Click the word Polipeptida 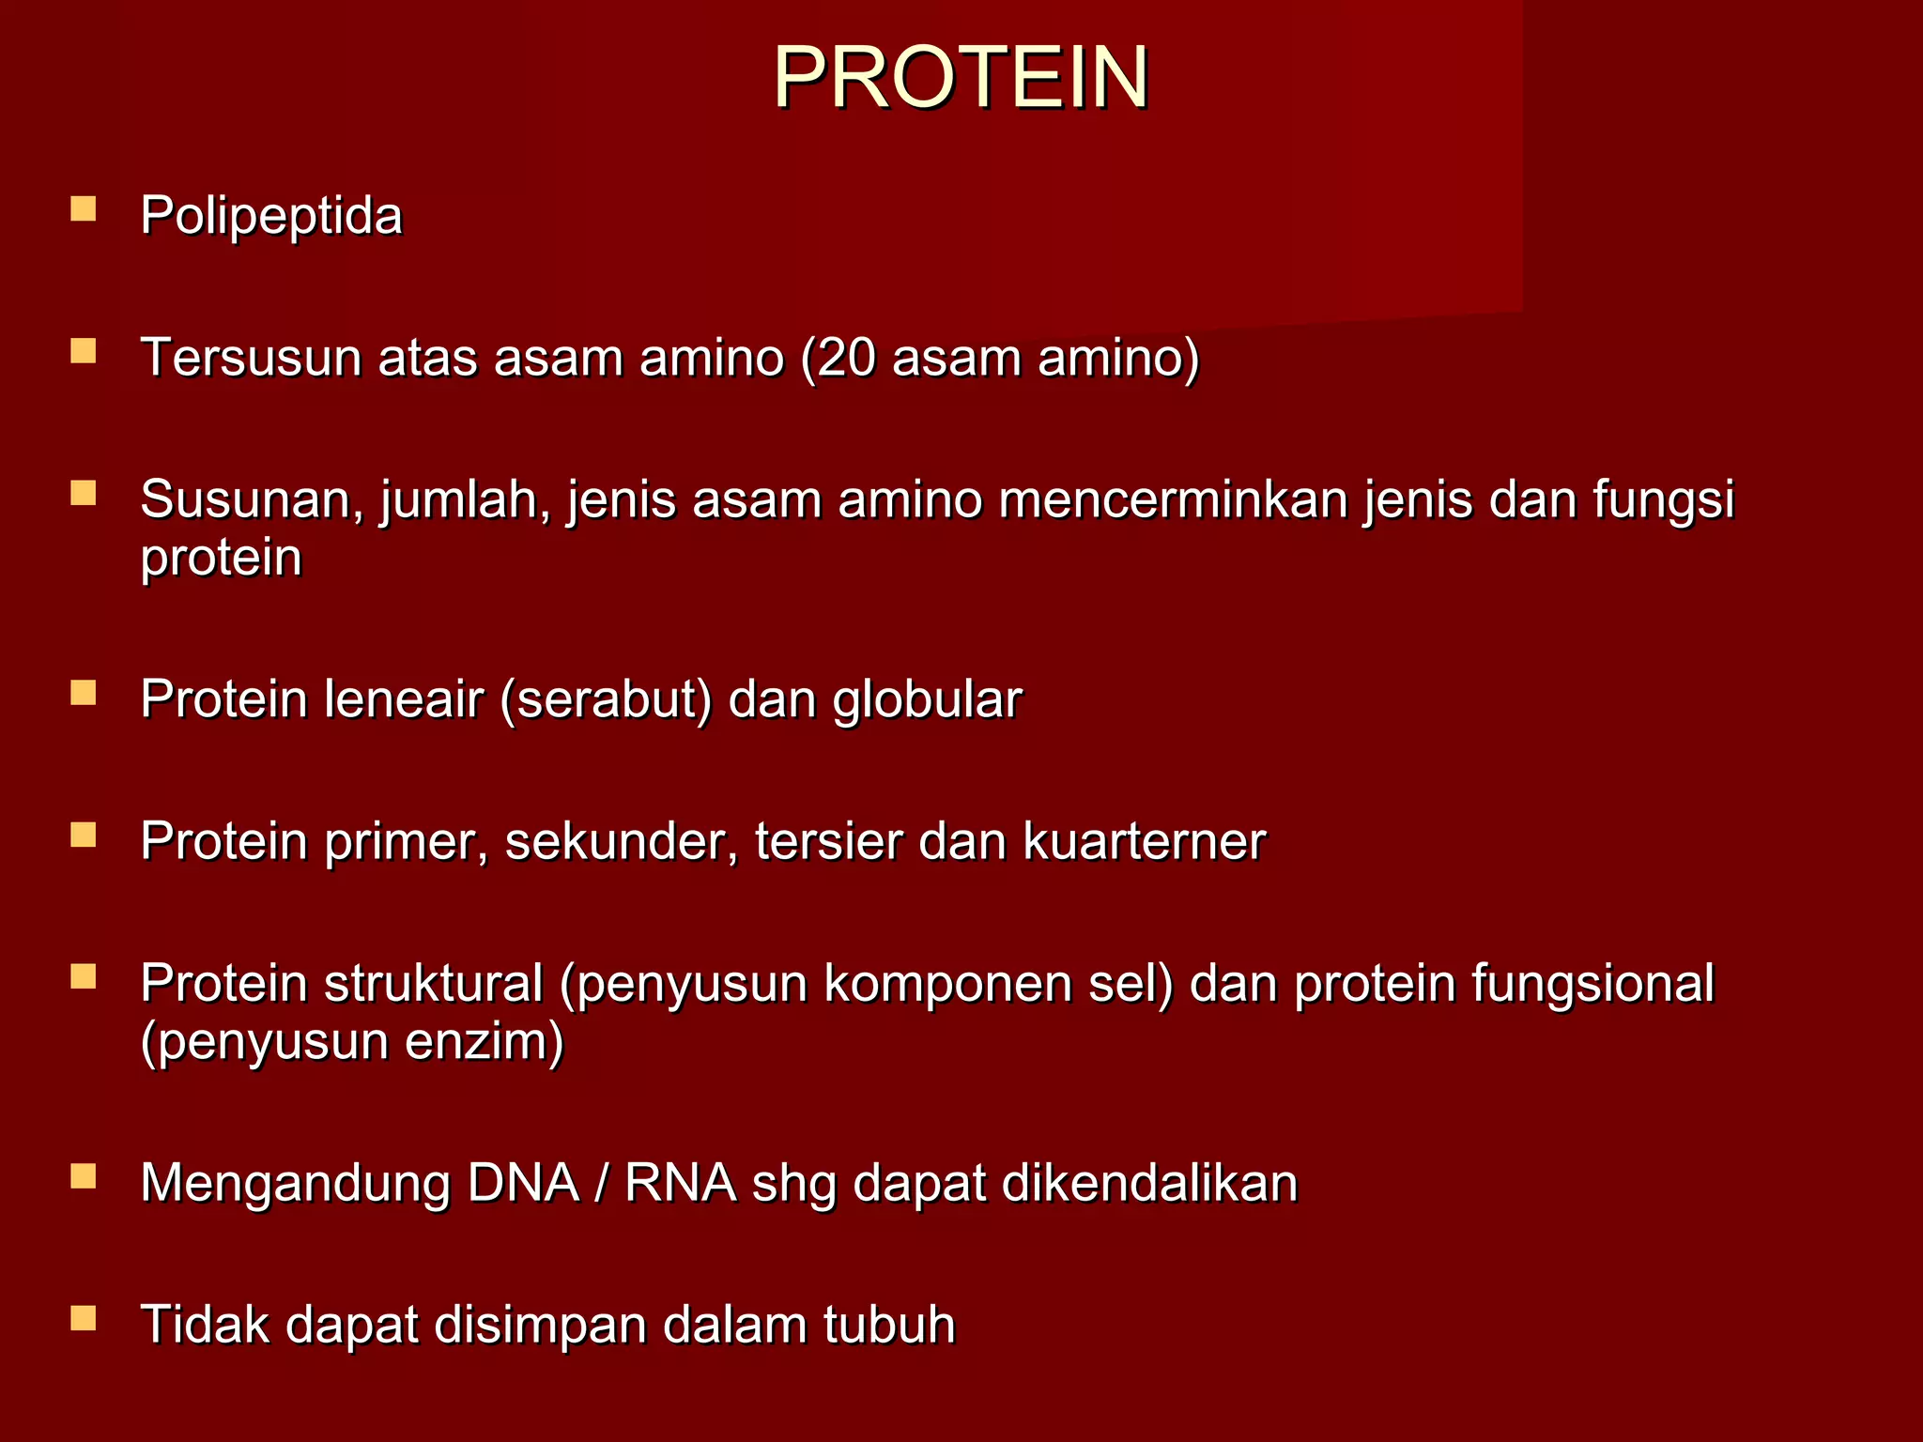click(271, 217)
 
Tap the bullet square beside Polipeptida click(84, 208)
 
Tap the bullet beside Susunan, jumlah click(84, 493)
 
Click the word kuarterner click(1144, 842)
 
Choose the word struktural click(434, 984)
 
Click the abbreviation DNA click(523, 1184)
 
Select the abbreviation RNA click(681, 1184)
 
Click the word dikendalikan click(1149, 1184)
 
